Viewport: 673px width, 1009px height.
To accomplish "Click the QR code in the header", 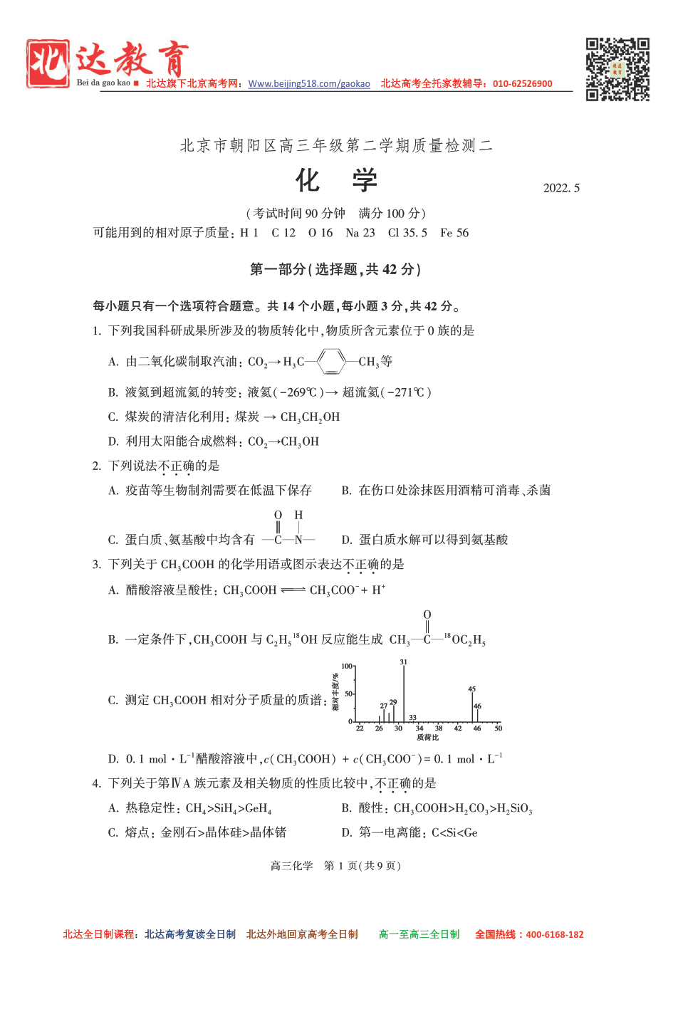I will [617, 69].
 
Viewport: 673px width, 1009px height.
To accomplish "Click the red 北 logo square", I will [48, 64].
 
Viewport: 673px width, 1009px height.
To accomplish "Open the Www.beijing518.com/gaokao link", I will [309, 84].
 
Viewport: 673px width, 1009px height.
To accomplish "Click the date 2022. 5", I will [561, 188].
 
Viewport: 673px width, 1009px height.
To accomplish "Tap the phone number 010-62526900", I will [522, 84].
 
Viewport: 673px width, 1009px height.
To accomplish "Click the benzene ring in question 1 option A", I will [331, 362].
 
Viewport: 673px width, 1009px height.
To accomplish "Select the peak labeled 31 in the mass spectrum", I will [404, 694].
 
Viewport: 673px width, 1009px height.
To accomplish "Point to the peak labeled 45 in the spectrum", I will [472, 706].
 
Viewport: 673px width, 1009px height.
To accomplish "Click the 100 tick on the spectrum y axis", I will [347, 666].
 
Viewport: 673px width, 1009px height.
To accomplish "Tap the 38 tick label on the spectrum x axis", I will [439, 728].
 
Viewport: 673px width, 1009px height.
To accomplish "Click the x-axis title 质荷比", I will [427, 738].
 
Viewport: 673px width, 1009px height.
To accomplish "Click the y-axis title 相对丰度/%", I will [335, 692].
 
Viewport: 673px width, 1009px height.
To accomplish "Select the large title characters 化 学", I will [336, 181].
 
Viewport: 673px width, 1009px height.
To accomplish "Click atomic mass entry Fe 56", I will [454, 233].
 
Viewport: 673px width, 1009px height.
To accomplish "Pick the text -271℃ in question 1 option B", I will [404, 392].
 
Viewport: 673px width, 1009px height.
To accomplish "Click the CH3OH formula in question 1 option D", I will [300, 441].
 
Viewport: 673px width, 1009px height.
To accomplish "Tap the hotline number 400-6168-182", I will [554, 934].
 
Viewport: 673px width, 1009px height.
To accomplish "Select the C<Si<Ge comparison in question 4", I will [454, 832].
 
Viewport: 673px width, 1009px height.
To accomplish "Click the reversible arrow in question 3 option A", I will [293, 590].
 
